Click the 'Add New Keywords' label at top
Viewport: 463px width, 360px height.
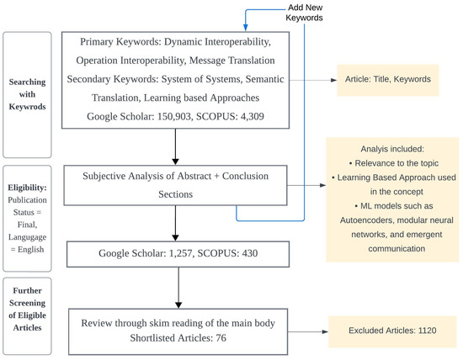pyautogui.click(x=263, y=12)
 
